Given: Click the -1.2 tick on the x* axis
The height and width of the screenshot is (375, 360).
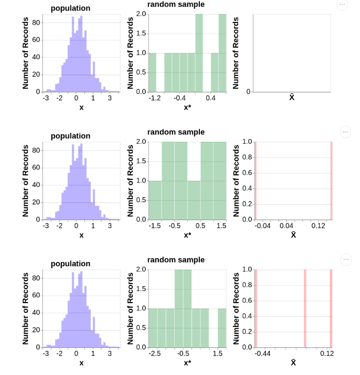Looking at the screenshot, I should tap(155, 98).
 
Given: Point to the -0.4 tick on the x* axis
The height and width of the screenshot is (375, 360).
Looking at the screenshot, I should tap(180, 98).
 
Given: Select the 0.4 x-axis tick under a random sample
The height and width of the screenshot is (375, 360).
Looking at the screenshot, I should tap(211, 98).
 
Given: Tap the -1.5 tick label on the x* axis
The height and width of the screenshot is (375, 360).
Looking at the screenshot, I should tap(155, 226).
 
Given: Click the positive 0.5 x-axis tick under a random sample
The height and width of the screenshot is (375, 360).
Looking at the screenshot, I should tap(200, 226).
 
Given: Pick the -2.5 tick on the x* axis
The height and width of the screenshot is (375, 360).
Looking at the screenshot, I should tap(155, 354).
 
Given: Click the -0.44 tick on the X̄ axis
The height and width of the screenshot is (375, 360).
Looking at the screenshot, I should tap(262, 354).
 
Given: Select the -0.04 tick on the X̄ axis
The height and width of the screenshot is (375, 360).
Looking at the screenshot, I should tap(262, 226).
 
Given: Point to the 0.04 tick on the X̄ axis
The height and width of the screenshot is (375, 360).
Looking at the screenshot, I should tap(286, 226).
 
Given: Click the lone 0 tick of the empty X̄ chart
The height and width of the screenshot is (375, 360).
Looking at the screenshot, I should tap(248, 92).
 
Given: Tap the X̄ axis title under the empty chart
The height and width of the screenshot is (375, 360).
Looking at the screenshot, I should tap(292, 98).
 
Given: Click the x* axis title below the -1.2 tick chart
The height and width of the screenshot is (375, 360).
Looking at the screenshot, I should tap(187, 107).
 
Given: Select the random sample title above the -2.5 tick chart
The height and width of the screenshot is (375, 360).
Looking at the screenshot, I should tap(176, 260).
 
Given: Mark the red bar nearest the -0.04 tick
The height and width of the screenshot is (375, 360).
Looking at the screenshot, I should tap(255, 180).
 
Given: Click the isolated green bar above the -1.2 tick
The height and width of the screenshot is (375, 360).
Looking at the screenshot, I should tap(152, 72).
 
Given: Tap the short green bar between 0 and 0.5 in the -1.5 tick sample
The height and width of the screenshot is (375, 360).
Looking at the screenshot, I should tap(194, 200).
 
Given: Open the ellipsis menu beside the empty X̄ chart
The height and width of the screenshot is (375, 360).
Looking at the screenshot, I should tap(342, 4).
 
